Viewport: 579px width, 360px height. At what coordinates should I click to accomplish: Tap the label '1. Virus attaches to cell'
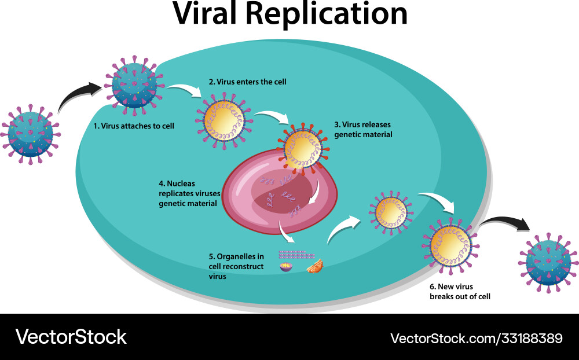tap(134, 125)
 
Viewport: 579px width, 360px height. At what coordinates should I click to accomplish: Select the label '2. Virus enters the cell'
tap(247, 82)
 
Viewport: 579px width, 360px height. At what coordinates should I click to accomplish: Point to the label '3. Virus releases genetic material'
tap(364, 129)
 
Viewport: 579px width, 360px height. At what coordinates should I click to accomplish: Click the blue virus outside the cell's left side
tap(30, 133)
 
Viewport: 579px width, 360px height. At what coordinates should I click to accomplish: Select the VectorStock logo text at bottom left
tap(71, 336)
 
